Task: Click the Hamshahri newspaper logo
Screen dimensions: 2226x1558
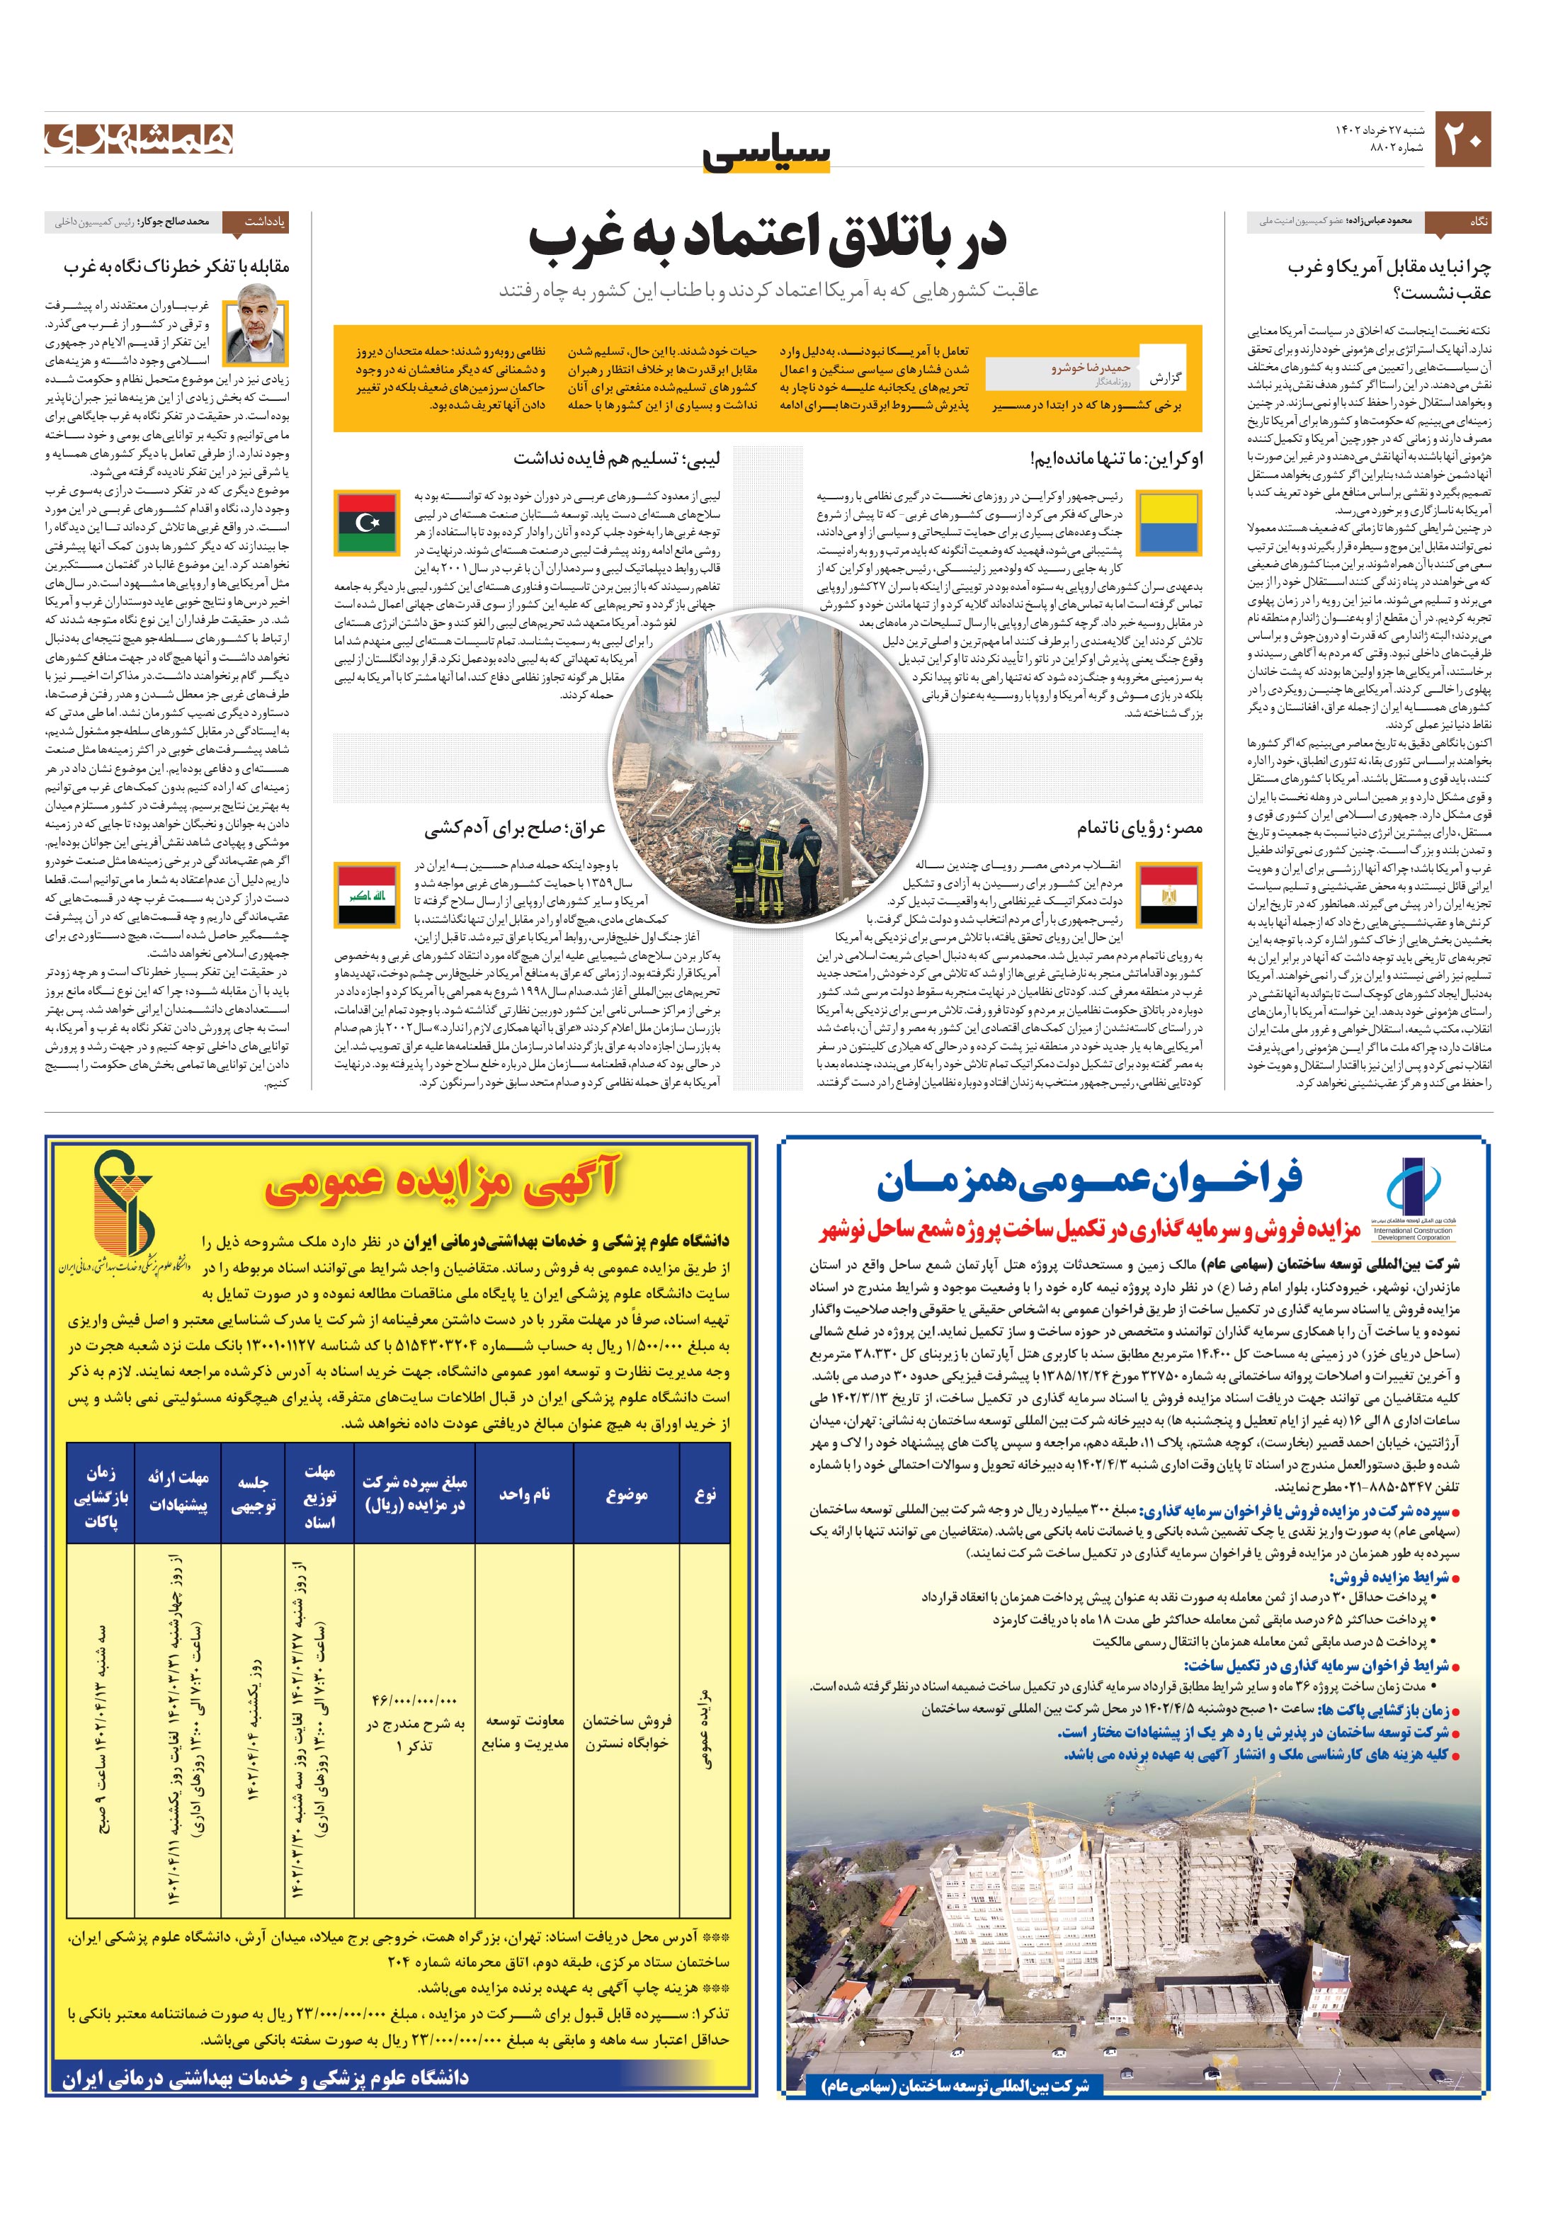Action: coord(139,139)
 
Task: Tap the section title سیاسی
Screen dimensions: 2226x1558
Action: coord(767,154)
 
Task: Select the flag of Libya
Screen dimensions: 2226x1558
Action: coord(366,523)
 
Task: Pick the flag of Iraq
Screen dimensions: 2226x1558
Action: coord(366,894)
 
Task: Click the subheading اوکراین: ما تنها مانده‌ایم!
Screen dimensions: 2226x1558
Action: coord(1116,458)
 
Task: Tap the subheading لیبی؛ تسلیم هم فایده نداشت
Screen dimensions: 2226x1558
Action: coord(617,458)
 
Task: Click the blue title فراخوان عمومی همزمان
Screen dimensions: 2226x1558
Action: coord(1090,1181)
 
